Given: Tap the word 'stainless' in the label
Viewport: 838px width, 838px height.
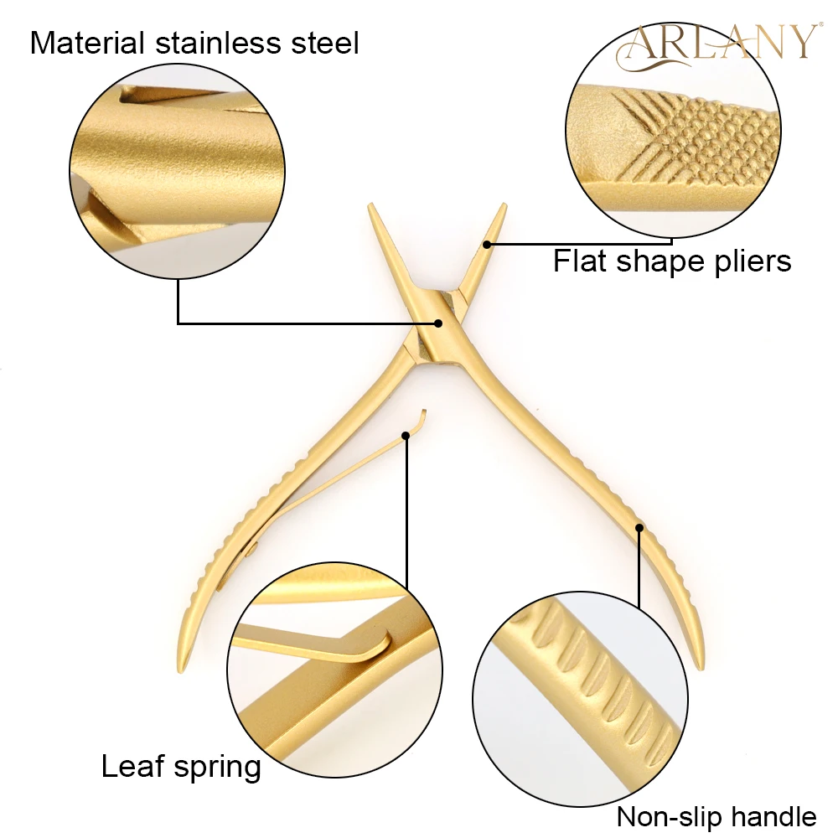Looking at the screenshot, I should pos(217,43).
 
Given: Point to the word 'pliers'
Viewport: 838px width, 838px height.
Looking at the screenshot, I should pos(747,262).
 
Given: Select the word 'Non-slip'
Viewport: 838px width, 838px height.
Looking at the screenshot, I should pos(671,816).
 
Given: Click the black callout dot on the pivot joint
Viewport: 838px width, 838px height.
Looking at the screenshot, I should pos(437,322).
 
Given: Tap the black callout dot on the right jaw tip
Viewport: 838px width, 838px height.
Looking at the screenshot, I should pos(487,244).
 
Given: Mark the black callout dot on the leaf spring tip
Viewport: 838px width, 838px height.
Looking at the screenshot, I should pos(406,435).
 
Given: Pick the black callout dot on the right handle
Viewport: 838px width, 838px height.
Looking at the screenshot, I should pos(639,527).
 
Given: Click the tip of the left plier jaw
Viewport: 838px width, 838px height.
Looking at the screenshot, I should pos(370,206).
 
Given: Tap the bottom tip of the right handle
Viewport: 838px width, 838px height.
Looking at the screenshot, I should pos(700,669).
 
